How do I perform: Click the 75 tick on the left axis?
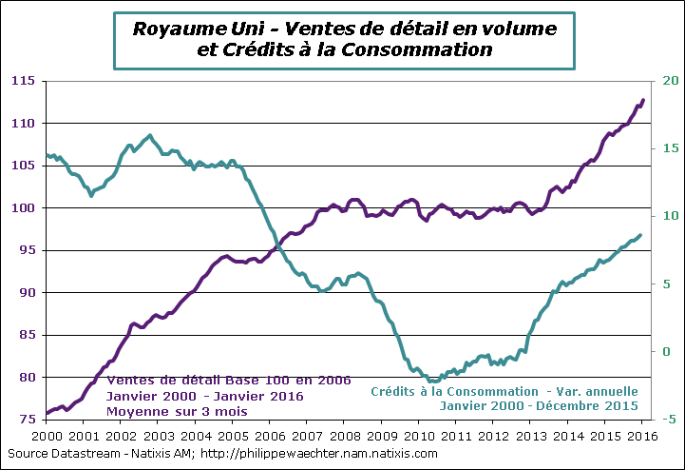pyautogui.click(x=27, y=420)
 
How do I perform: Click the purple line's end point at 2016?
pyautogui.click(x=643, y=100)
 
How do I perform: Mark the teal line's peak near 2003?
pyautogui.click(x=150, y=135)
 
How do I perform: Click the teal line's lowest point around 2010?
pyautogui.click(x=434, y=381)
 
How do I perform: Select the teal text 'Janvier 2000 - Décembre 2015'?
pyautogui.click(x=538, y=405)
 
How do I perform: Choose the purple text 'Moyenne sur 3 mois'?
pyautogui.click(x=177, y=411)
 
